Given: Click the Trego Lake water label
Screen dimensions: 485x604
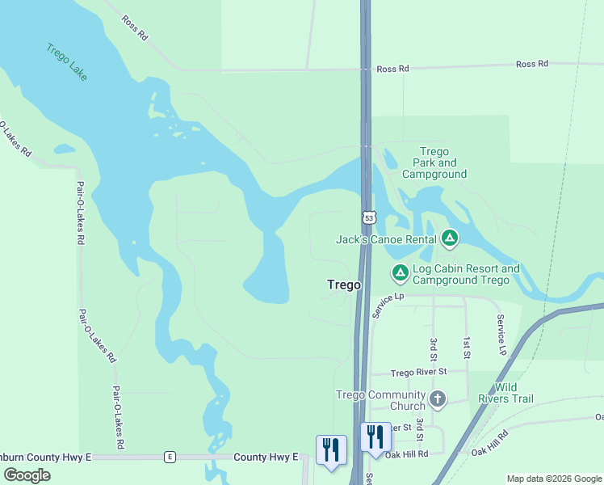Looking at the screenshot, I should (x=66, y=61).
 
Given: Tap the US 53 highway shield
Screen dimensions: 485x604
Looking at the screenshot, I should (x=369, y=217).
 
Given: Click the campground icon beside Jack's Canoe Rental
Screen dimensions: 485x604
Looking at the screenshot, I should (x=450, y=238).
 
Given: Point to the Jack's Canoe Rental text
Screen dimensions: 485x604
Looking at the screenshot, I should (x=386, y=238).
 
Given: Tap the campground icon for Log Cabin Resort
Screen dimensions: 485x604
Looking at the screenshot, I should (x=400, y=274).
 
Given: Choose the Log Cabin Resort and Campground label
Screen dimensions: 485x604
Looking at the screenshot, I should (x=465, y=274).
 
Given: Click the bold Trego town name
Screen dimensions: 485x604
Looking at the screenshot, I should (x=343, y=285).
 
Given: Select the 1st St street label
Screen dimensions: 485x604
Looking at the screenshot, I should (x=467, y=348).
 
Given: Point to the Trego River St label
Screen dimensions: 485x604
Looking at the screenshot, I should (x=418, y=373).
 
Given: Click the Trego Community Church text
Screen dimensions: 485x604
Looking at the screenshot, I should (x=380, y=400).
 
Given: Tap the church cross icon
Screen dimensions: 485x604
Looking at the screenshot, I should (x=437, y=399).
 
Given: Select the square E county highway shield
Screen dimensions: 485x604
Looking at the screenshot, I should (x=170, y=458).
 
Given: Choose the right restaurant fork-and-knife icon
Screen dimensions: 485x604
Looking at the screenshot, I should (x=376, y=436).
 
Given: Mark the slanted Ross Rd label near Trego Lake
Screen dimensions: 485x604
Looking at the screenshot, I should (x=134, y=27).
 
